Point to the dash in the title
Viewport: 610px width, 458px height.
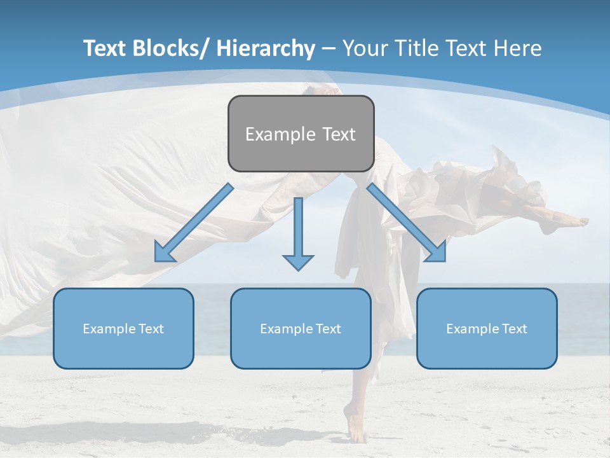coord(329,48)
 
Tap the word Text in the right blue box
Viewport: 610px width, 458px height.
coord(514,329)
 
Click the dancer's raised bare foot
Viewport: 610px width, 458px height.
coord(575,222)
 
